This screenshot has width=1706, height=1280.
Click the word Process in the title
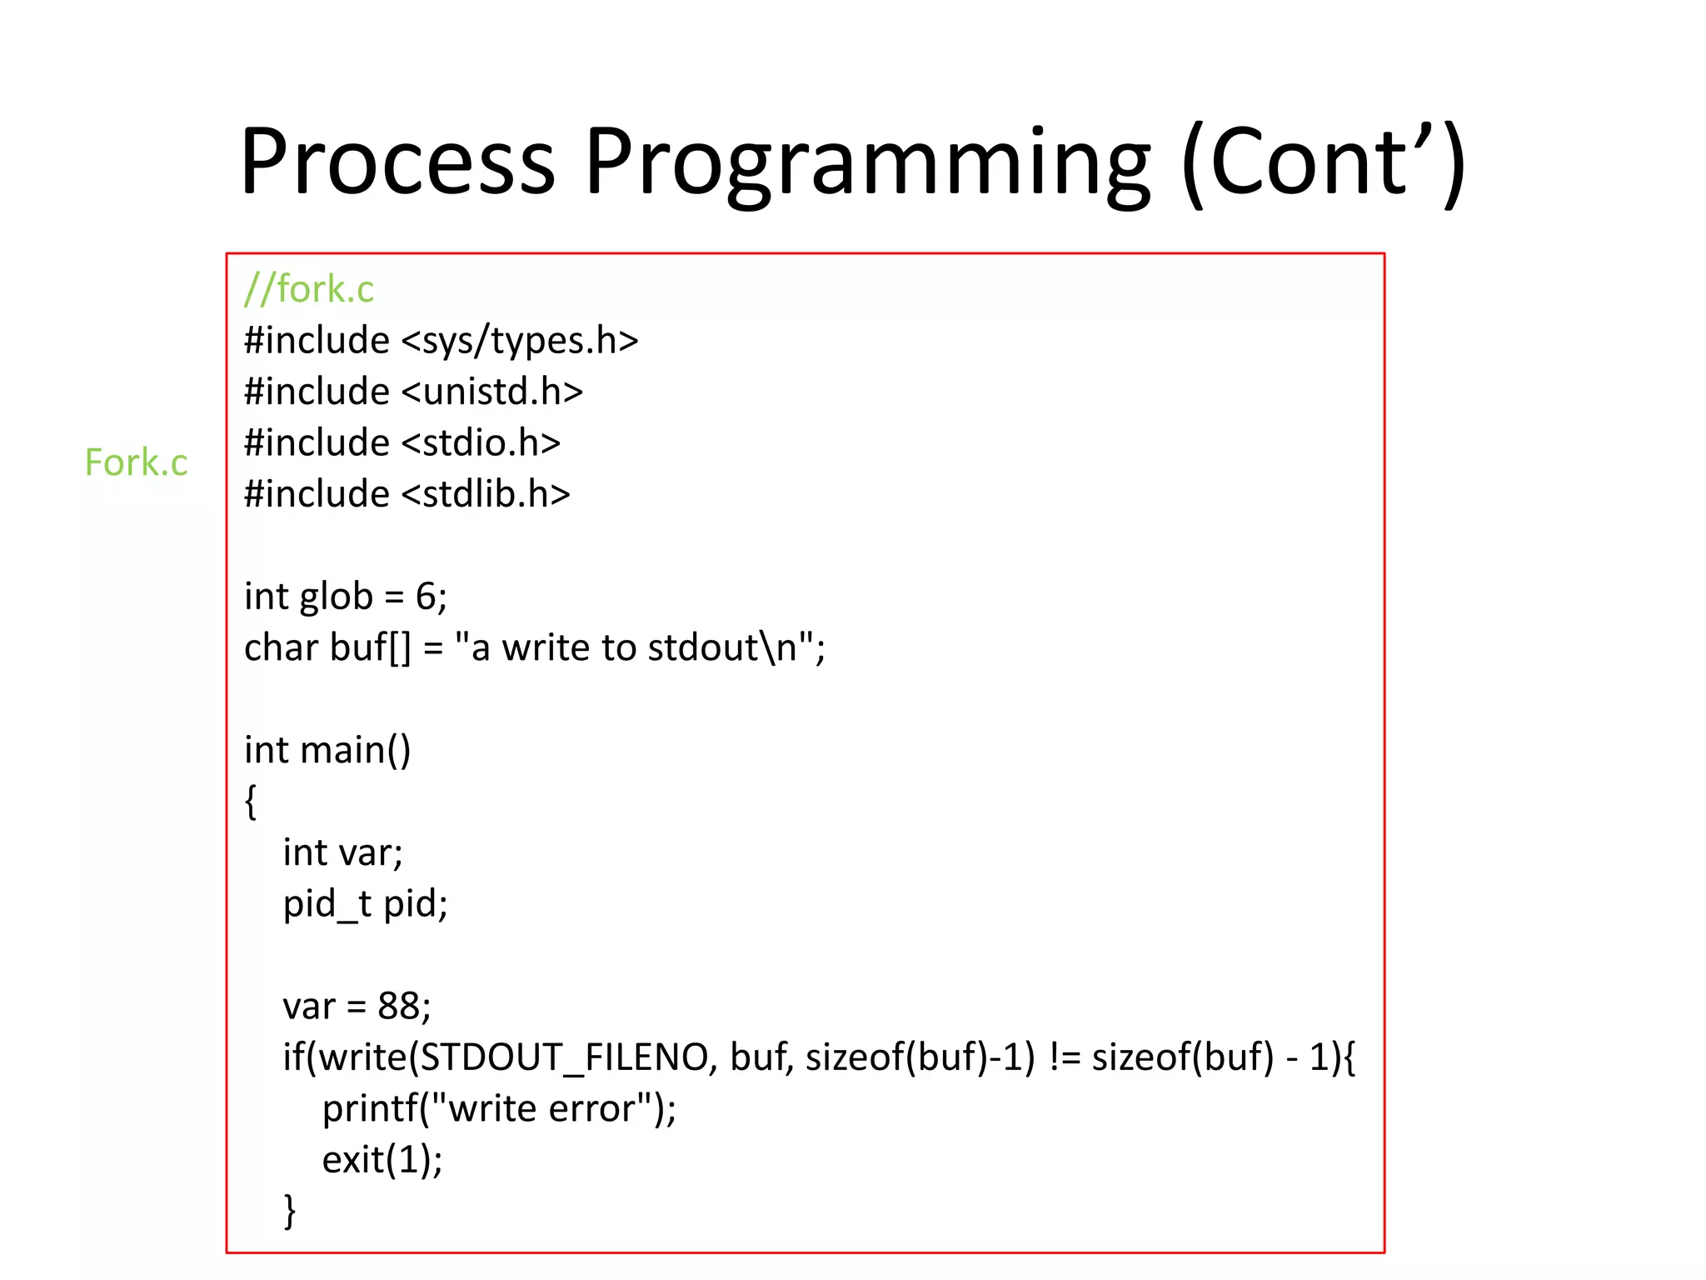pos(397,162)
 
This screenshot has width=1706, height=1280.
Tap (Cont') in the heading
pos(1324,162)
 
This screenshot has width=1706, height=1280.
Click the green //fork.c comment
pos(309,289)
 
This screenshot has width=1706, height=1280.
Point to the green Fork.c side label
pos(137,462)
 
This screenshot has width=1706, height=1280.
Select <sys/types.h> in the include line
pos(520,341)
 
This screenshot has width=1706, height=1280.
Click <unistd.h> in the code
pos(492,392)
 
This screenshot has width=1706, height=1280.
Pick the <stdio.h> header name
pos(481,442)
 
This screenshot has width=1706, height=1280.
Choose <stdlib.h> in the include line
pos(486,494)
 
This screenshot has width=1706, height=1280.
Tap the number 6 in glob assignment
pos(426,597)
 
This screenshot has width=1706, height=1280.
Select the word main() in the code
pos(356,750)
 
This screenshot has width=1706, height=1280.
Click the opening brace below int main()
pos(250,802)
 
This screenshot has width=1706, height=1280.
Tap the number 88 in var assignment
pos(398,1007)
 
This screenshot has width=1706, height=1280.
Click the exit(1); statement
pos(382,1160)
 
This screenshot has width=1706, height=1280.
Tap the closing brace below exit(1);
pos(289,1210)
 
